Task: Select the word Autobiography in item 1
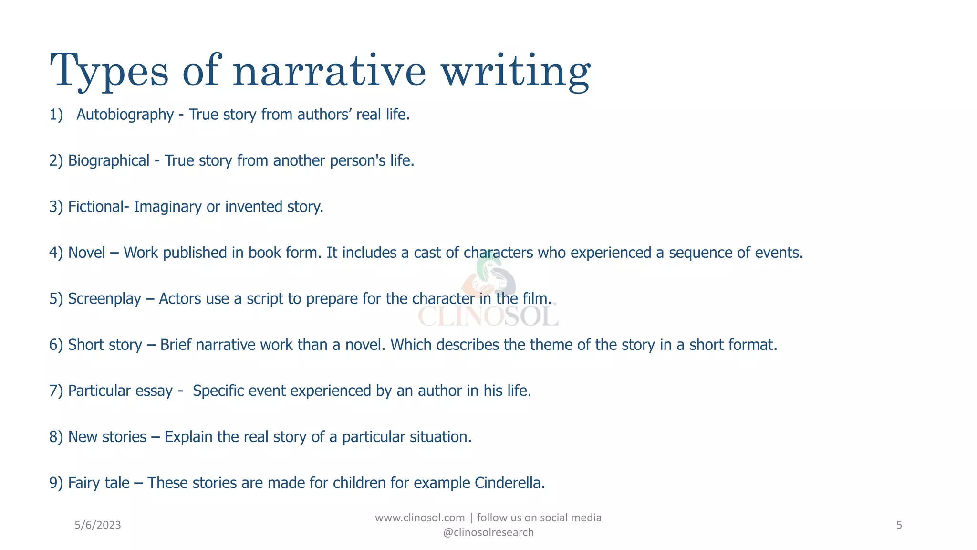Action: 125,115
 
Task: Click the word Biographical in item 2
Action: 109,160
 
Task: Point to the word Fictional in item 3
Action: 95,207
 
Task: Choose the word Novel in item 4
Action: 86,253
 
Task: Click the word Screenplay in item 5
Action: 104,299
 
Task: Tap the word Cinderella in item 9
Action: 509,483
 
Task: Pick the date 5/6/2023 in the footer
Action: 98,525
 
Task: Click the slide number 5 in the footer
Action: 899,525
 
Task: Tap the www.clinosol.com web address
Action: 420,518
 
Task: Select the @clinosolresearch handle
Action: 488,532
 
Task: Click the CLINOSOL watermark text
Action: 488,316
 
